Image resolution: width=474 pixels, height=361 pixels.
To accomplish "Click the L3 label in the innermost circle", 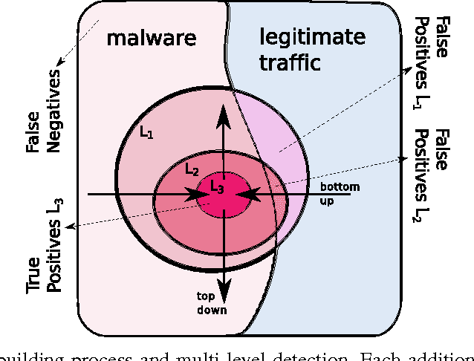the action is [216, 187].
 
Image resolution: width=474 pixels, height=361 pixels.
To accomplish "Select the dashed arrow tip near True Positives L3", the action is [67, 229].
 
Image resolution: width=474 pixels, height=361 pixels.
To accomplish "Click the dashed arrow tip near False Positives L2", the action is [406, 157].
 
